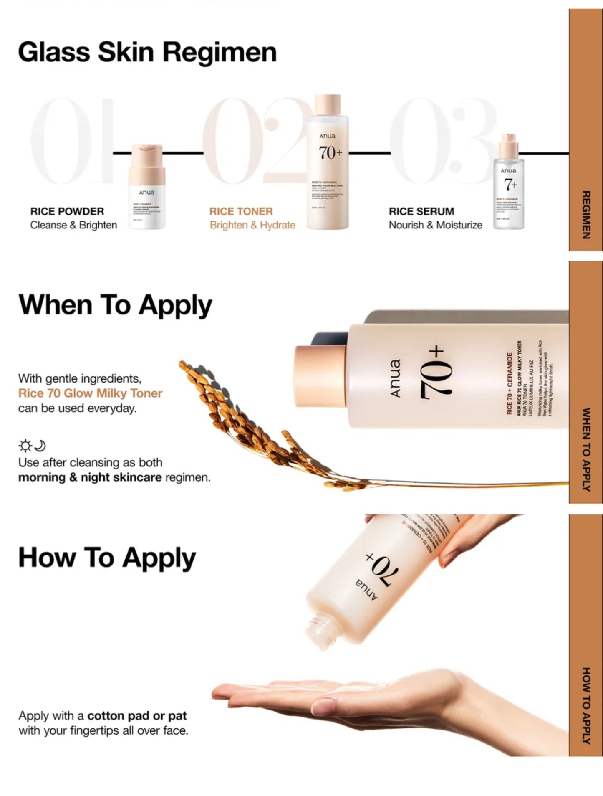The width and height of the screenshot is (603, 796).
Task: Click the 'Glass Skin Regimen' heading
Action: (147, 52)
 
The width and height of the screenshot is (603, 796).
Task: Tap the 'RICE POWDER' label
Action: (67, 211)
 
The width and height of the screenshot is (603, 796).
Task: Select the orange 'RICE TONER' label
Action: (241, 211)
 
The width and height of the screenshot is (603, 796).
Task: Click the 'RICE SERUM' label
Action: (421, 211)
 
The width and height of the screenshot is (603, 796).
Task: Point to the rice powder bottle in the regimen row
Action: (146, 188)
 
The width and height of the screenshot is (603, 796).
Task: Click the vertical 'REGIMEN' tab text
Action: (586, 215)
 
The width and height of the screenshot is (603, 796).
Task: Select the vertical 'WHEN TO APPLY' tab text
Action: (586, 449)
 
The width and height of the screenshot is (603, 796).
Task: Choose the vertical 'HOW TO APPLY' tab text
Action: (586, 705)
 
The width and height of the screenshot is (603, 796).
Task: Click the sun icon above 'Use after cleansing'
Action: (25, 446)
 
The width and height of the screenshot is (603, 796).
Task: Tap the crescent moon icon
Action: (40, 446)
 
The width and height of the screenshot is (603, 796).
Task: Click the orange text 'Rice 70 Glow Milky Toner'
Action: (90, 393)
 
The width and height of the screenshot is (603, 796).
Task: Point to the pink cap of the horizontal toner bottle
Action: (320, 376)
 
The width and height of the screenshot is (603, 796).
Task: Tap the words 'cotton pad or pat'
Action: (137, 716)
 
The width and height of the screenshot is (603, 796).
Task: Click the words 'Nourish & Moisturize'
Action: (435, 225)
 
